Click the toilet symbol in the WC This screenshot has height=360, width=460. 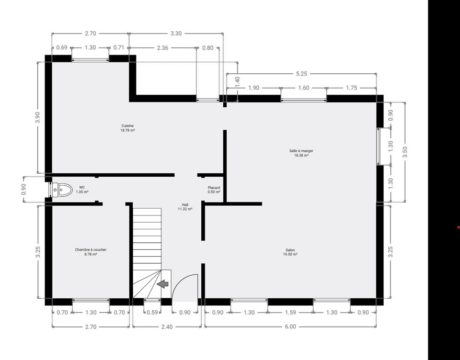(x=62, y=190)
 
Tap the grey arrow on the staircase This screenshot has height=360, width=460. (x=163, y=284)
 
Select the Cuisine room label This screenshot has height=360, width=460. (x=127, y=128)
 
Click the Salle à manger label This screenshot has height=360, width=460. (x=301, y=153)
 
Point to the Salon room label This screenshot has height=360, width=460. (x=290, y=252)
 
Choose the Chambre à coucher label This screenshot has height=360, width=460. (x=91, y=252)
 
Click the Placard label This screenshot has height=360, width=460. (x=214, y=190)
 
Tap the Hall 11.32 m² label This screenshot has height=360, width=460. (x=185, y=207)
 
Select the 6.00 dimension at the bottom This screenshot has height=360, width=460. (x=290, y=326)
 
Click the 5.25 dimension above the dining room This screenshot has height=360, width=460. (x=301, y=74)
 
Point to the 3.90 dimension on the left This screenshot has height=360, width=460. (x=38, y=118)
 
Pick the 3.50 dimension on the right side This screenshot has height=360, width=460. (x=405, y=152)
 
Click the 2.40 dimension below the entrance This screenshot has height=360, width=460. (x=167, y=326)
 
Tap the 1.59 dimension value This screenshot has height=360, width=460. (x=290, y=313)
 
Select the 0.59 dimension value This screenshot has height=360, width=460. (x=152, y=313)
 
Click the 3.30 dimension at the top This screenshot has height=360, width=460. (x=176, y=34)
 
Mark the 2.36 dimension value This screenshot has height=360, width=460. (x=162, y=47)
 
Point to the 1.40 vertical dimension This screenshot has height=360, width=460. (x=238, y=82)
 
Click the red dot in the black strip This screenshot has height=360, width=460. (x=458, y=227)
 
